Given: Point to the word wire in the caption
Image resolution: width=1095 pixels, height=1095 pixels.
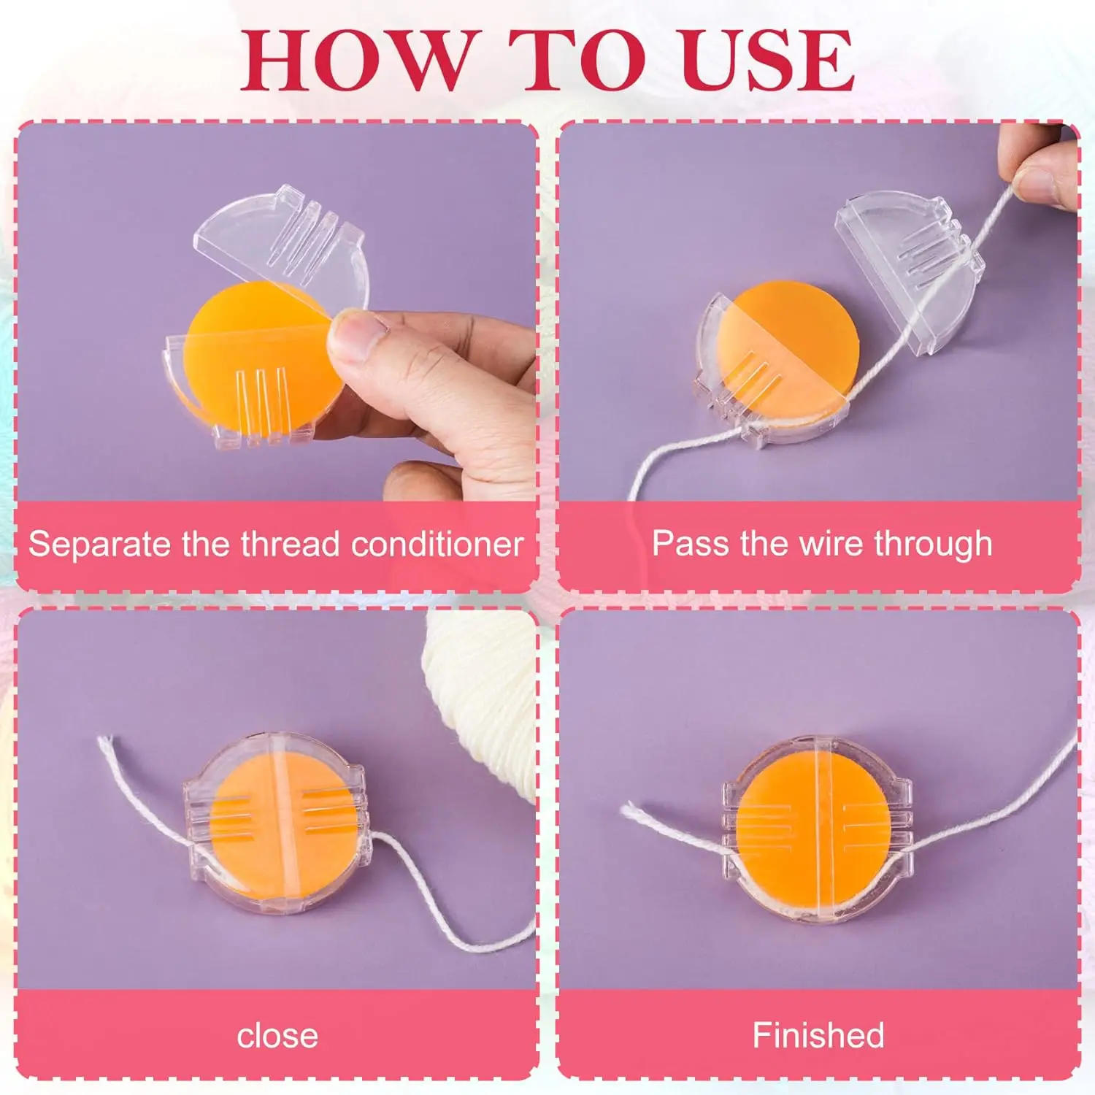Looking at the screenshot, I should point(833,544).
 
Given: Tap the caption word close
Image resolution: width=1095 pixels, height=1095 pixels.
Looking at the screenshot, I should point(277,1036).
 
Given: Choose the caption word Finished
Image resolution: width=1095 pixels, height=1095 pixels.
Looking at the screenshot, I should point(818,1035).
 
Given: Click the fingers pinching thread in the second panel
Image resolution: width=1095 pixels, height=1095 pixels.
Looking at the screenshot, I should point(1044,164).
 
